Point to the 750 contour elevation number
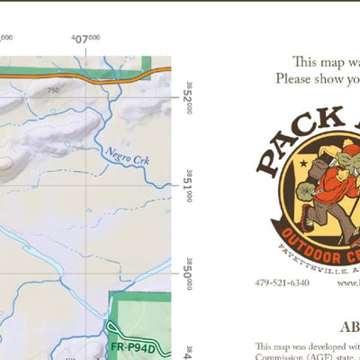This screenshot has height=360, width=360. [x=54, y=90]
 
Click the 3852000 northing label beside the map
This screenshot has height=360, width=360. [x=189, y=97]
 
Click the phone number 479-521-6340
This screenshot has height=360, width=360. [x=282, y=283]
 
